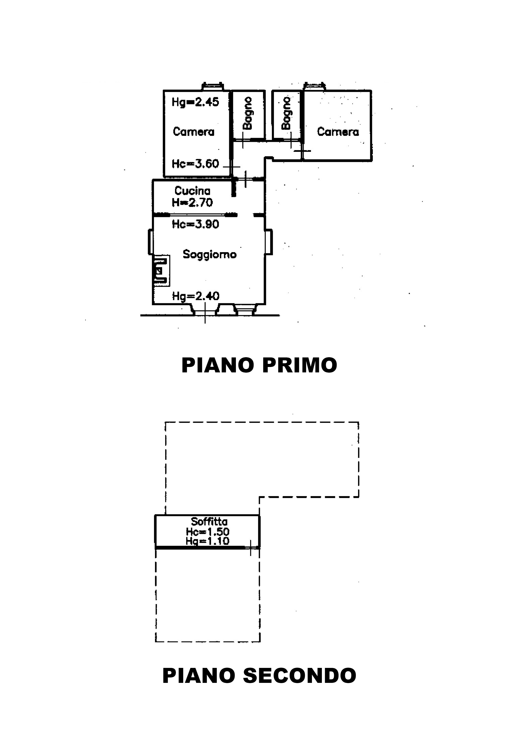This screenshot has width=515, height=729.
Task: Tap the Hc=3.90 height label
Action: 195,224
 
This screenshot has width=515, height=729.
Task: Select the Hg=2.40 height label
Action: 195,296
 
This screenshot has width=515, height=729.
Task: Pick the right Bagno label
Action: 286,113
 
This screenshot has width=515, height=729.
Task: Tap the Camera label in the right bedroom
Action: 338,132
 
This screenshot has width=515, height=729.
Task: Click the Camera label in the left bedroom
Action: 194,132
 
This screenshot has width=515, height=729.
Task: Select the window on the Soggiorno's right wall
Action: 269,242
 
